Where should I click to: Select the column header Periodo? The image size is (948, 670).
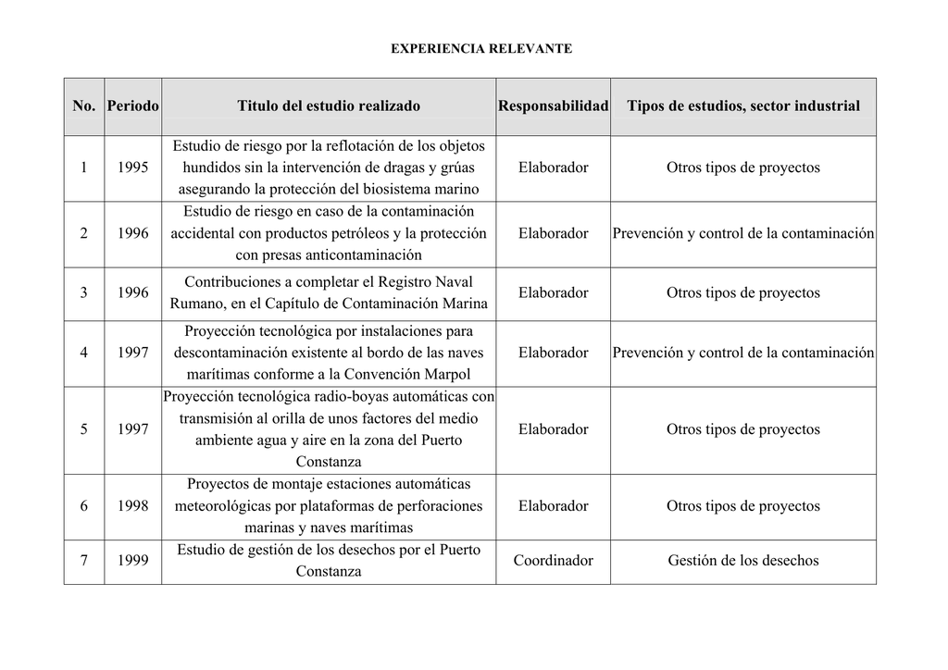[132, 106]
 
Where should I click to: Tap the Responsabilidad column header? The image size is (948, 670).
[553, 106]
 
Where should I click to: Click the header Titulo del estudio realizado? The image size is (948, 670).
[328, 106]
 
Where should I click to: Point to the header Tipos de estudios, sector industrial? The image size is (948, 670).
[742, 106]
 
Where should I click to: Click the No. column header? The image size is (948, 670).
[84, 106]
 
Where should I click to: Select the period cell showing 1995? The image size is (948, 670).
[132, 167]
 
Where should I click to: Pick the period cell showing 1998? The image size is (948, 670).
[132, 506]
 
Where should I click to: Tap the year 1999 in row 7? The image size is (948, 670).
[132, 561]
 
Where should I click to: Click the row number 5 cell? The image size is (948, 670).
[84, 429]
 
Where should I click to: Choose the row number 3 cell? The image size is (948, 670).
[84, 292]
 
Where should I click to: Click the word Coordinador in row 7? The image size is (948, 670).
[553, 561]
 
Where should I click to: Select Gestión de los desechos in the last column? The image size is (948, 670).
[742, 561]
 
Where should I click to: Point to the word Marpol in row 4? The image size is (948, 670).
[446, 375]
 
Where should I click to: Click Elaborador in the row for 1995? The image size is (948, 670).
[553, 167]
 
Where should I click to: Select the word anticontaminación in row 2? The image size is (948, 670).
[363, 255]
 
